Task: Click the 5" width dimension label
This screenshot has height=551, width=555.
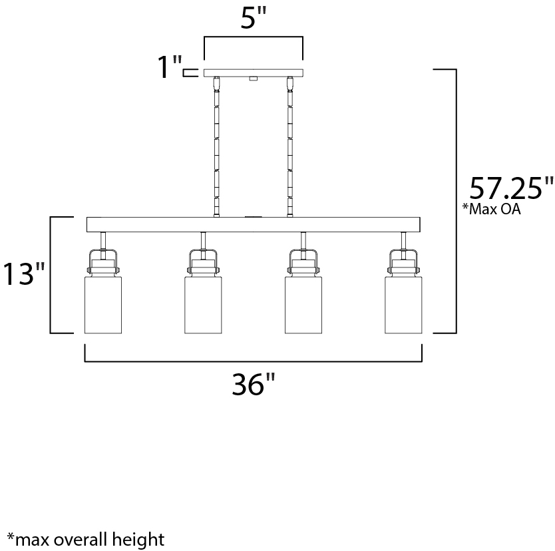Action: coord(253,18)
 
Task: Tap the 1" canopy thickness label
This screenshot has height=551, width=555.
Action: coord(169,67)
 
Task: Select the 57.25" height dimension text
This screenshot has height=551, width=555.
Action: coord(511,188)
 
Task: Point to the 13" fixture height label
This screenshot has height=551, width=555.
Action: coord(24,274)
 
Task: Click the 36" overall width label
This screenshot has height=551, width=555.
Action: coord(253,384)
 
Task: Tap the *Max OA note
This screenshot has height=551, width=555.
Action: coord(492,209)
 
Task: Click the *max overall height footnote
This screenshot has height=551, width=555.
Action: coord(86,539)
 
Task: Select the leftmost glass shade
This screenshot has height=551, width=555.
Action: coord(103,305)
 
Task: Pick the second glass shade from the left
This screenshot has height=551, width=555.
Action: coord(203,305)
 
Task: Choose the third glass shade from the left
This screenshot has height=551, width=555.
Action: coord(303,305)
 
